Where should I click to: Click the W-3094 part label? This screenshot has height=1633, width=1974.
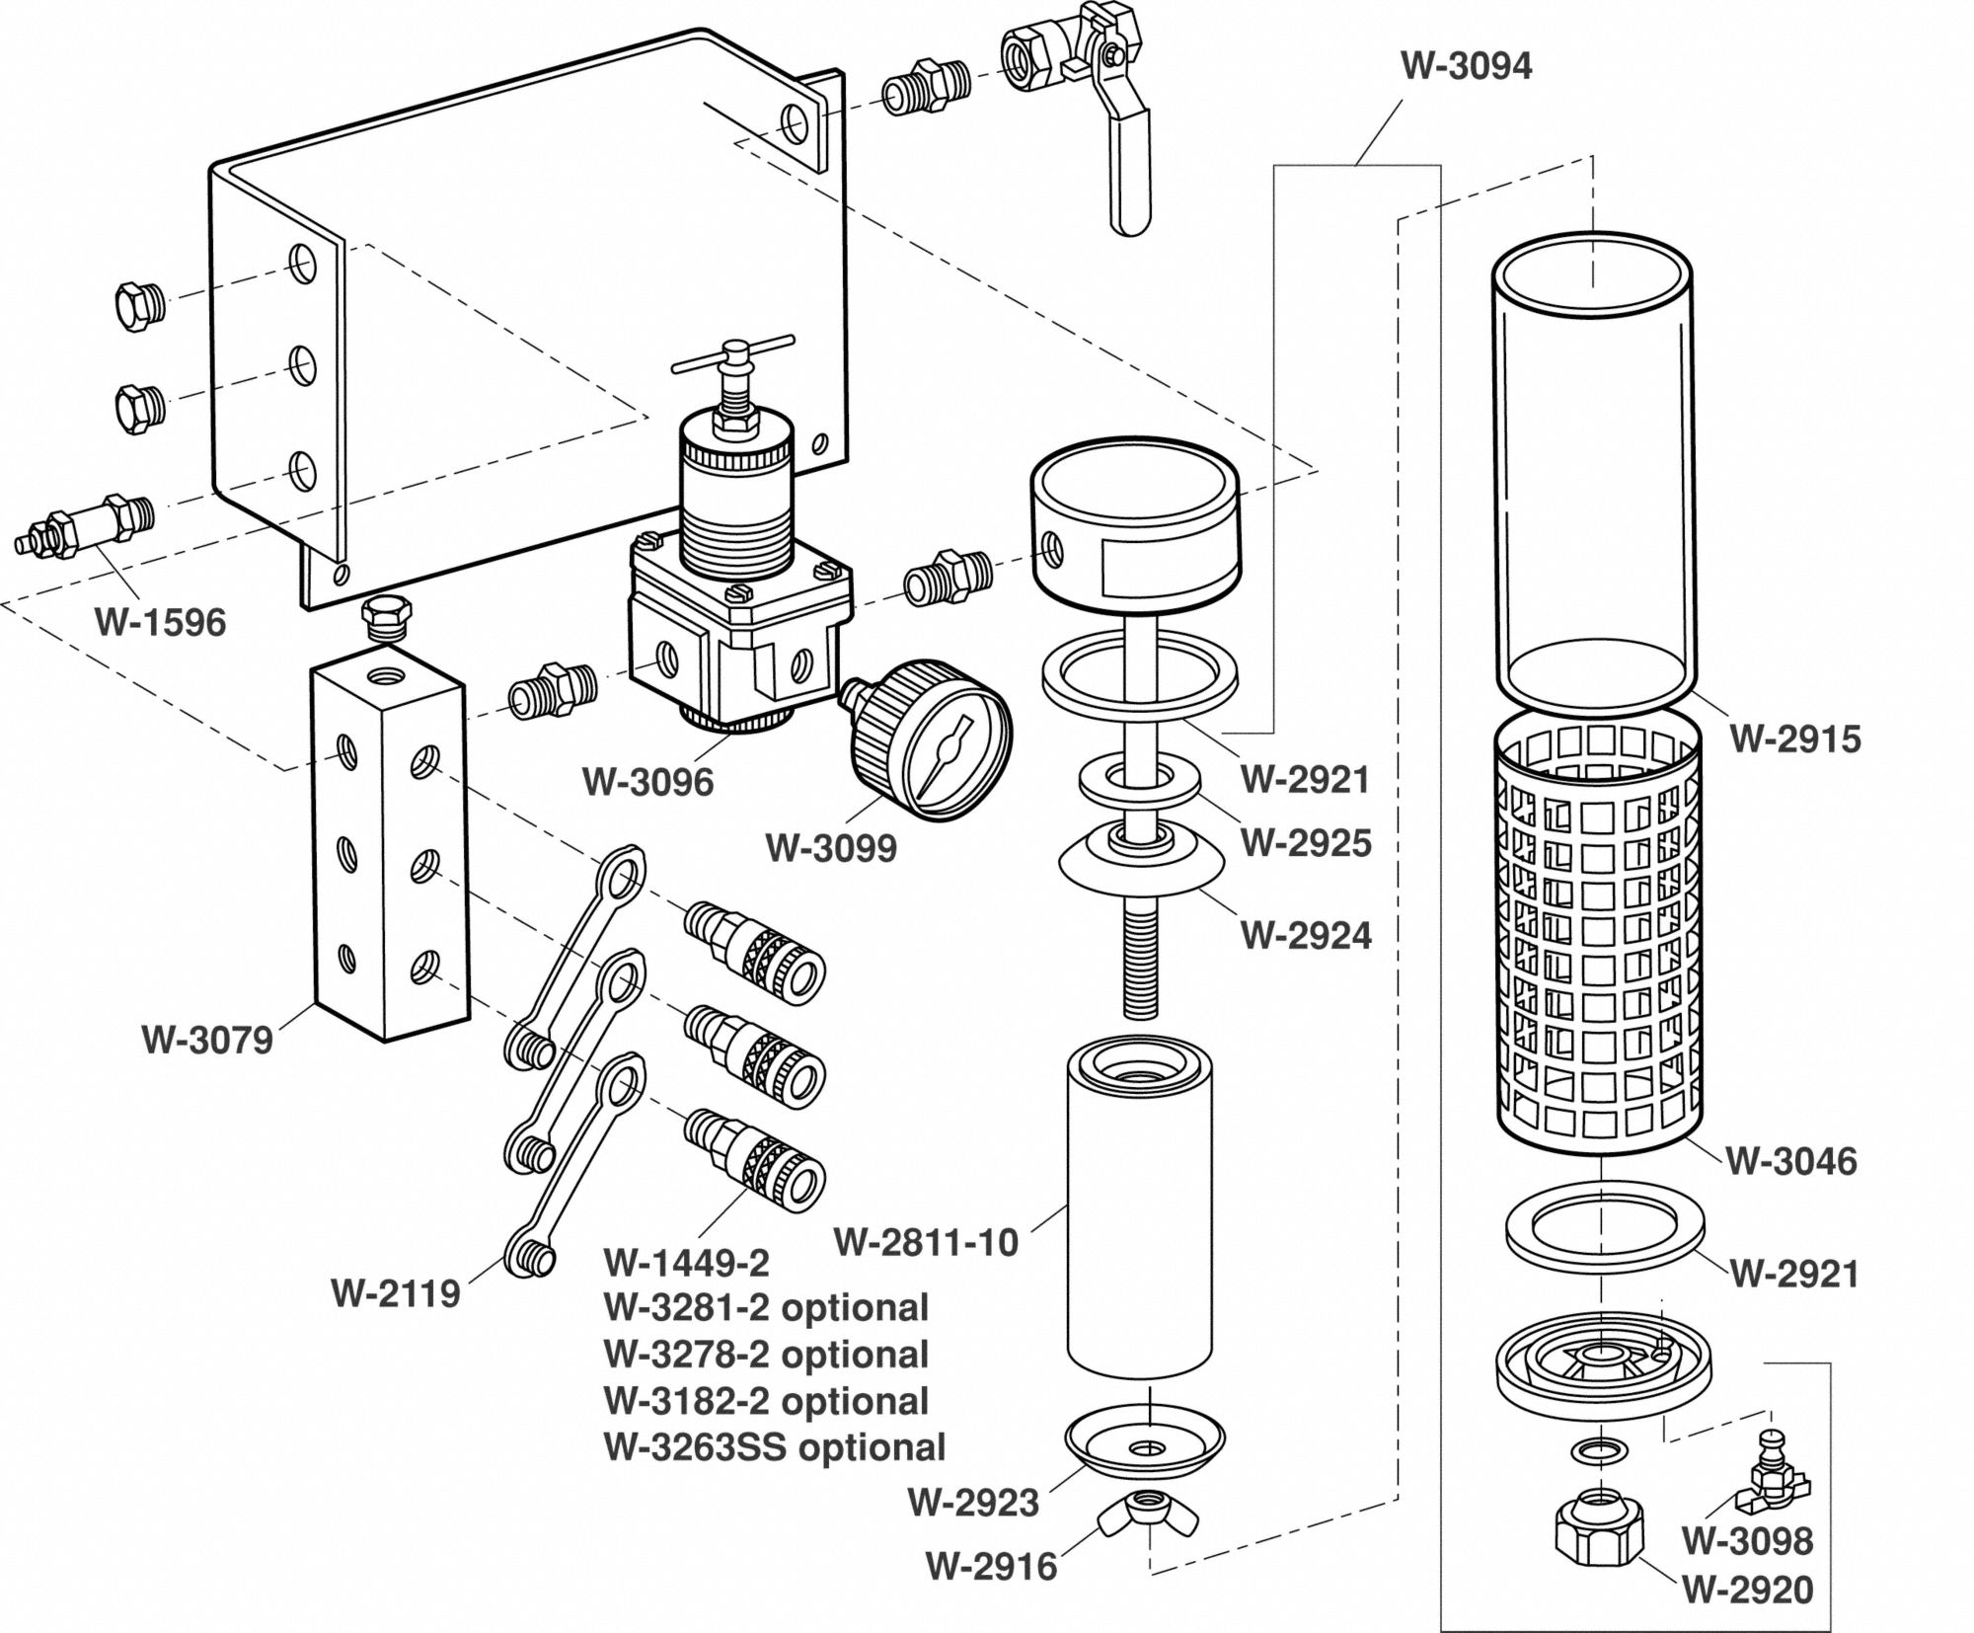[1467, 66]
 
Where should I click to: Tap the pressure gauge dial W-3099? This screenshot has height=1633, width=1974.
[944, 756]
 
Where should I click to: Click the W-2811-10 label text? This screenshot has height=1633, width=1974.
[926, 1242]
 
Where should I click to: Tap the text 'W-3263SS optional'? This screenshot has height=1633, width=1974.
[774, 1447]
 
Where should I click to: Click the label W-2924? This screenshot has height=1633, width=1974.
[1306, 935]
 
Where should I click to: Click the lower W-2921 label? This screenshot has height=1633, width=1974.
[1794, 1274]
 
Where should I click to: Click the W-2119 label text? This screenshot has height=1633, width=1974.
[396, 1293]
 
